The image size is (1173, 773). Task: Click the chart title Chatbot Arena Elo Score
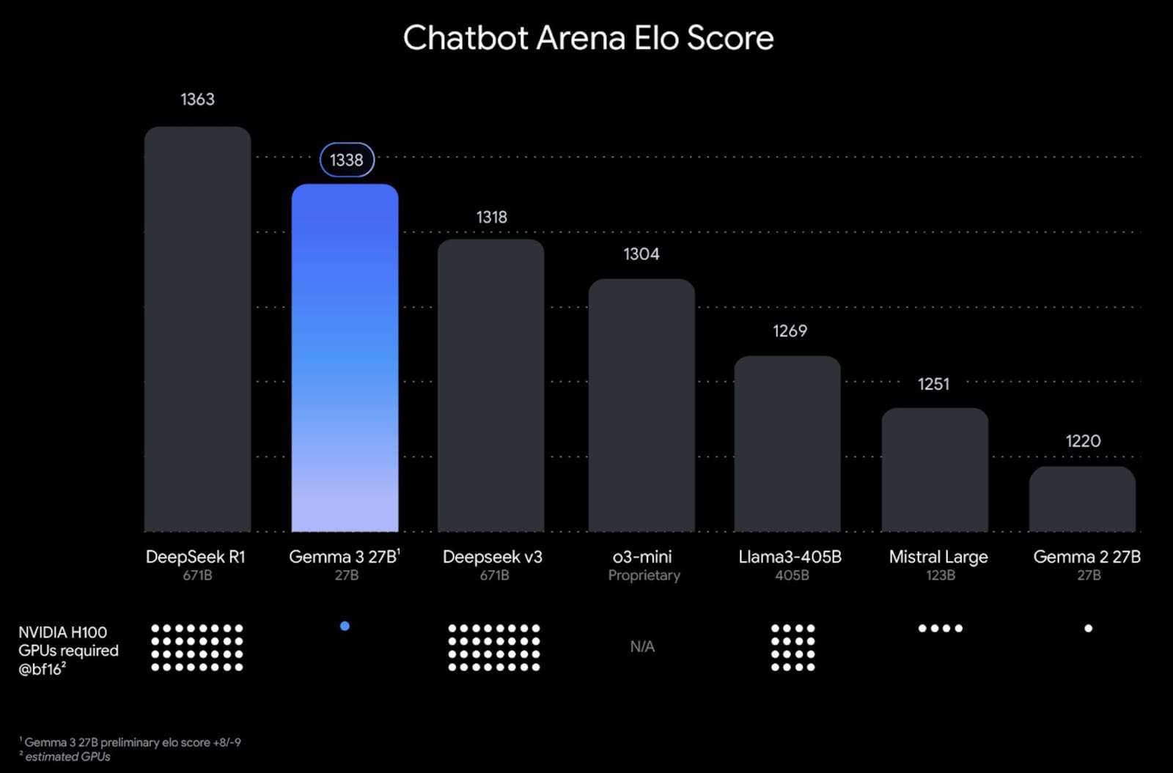588,38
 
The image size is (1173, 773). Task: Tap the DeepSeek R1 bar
197,330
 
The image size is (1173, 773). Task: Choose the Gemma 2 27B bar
1082,499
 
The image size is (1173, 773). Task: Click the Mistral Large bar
935,470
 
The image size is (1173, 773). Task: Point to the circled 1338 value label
347,160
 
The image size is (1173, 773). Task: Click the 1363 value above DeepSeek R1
197,99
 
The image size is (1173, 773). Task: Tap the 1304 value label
641,254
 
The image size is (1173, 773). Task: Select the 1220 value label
1083,440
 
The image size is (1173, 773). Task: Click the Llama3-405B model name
790,557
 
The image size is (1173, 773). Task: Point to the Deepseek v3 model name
493,557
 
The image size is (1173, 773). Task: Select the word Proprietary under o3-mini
644,575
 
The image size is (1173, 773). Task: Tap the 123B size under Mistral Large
940,575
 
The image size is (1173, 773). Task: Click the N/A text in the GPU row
642,646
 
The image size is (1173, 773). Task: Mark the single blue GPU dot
345,626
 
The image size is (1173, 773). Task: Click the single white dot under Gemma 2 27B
1088,628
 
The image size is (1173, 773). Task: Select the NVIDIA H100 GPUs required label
68,650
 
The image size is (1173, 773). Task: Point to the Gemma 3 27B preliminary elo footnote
132,742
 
